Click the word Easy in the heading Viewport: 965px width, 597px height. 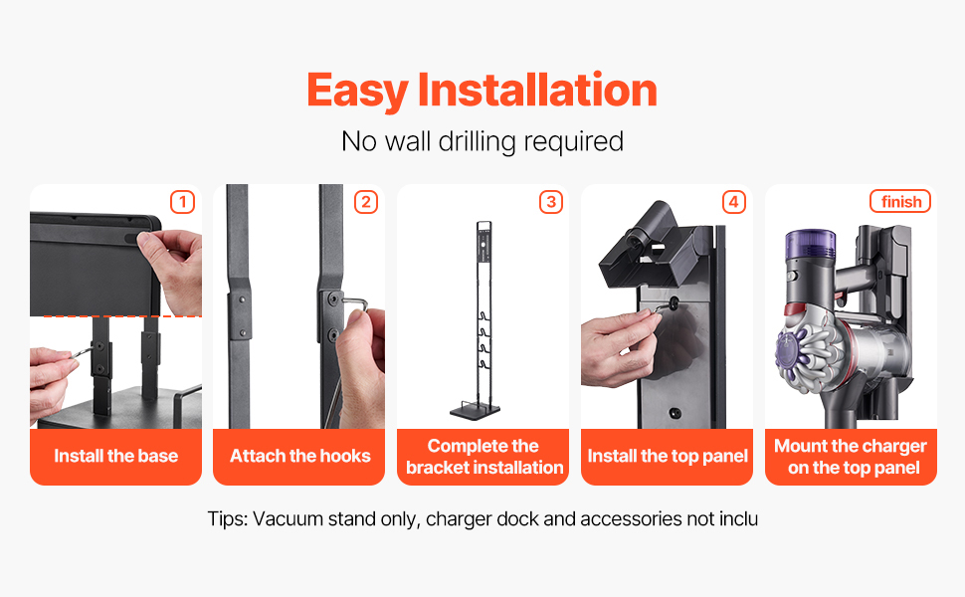coord(357,92)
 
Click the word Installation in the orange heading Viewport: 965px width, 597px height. coord(537,90)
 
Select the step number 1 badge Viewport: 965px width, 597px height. coord(182,202)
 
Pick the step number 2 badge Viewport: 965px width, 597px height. coord(365,202)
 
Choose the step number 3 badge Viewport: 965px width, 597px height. coord(551,202)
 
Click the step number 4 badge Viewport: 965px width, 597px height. coord(733,202)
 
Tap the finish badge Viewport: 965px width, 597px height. coord(900,201)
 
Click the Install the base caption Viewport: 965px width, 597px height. coord(115,456)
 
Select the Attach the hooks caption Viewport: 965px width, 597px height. coord(299,456)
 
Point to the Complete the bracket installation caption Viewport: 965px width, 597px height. coord(483,457)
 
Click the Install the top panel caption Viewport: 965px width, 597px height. coord(668,456)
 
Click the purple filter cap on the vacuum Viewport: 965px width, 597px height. coord(811,245)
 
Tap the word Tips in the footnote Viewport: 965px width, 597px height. coord(228,519)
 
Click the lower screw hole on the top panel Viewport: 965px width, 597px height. coord(675,412)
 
